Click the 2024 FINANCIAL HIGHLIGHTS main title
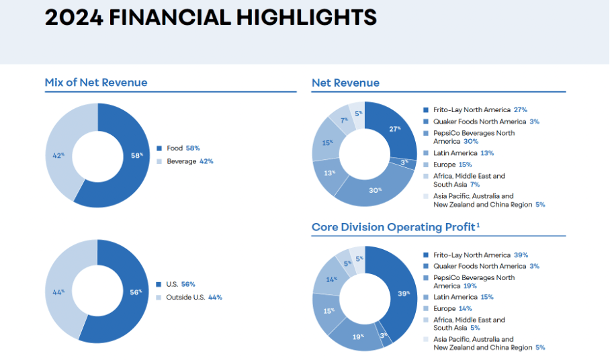(210, 17)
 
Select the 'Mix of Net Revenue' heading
(96, 83)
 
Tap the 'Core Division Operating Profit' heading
(395, 227)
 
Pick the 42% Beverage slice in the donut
(61, 156)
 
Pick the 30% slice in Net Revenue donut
(374, 189)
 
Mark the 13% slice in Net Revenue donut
(329, 173)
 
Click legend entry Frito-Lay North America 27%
(474, 109)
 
